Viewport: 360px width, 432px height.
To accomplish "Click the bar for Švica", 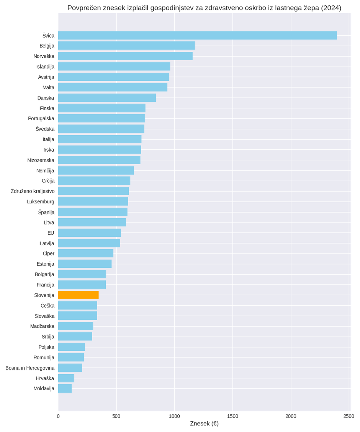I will click(x=197, y=36).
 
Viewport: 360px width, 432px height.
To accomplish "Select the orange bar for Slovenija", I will click(x=78, y=295).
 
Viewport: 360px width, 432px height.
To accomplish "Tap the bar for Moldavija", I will click(x=65, y=388).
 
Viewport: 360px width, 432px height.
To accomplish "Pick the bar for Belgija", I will click(x=126, y=46).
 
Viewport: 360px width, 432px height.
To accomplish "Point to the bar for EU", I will click(x=89, y=233).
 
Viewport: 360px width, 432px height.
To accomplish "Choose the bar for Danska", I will click(x=107, y=98).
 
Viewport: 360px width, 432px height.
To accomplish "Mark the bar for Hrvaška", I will click(x=66, y=378).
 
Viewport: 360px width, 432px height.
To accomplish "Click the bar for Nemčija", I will click(x=96, y=170).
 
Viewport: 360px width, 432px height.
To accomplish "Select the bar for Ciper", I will click(x=85, y=253).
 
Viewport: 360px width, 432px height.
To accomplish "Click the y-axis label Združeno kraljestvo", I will click(x=33, y=191).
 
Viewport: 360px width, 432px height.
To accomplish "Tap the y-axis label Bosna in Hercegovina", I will click(x=30, y=368).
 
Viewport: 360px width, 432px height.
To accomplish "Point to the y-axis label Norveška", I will click(x=44, y=56).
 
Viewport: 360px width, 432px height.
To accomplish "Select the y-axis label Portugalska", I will click(x=41, y=118).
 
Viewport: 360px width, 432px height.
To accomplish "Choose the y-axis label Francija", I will click(x=45, y=285).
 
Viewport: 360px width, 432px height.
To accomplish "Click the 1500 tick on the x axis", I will click(x=232, y=416).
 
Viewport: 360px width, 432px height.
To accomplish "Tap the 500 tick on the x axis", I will click(x=116, y=416).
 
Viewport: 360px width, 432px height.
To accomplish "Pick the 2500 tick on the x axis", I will click(x=349, y=416).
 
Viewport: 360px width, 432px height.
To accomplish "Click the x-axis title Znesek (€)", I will click(x=204, y=424).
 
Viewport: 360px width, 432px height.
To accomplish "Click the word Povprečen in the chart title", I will click(x=84, y=8).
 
